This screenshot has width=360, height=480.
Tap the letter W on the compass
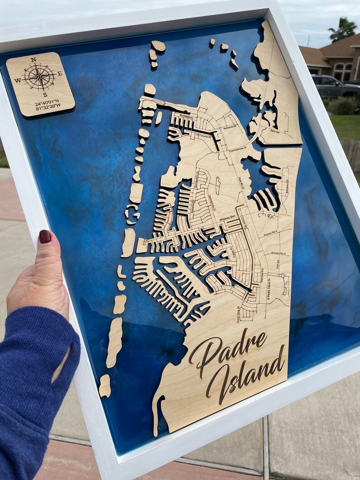pos(18,81)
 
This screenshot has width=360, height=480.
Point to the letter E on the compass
pos(59,73)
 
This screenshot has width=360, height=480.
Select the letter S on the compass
pos(45,94)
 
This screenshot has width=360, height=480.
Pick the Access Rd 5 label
pos(278,253)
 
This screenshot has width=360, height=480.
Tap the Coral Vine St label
pos(239,313)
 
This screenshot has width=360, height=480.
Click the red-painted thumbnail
pos(44,236)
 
